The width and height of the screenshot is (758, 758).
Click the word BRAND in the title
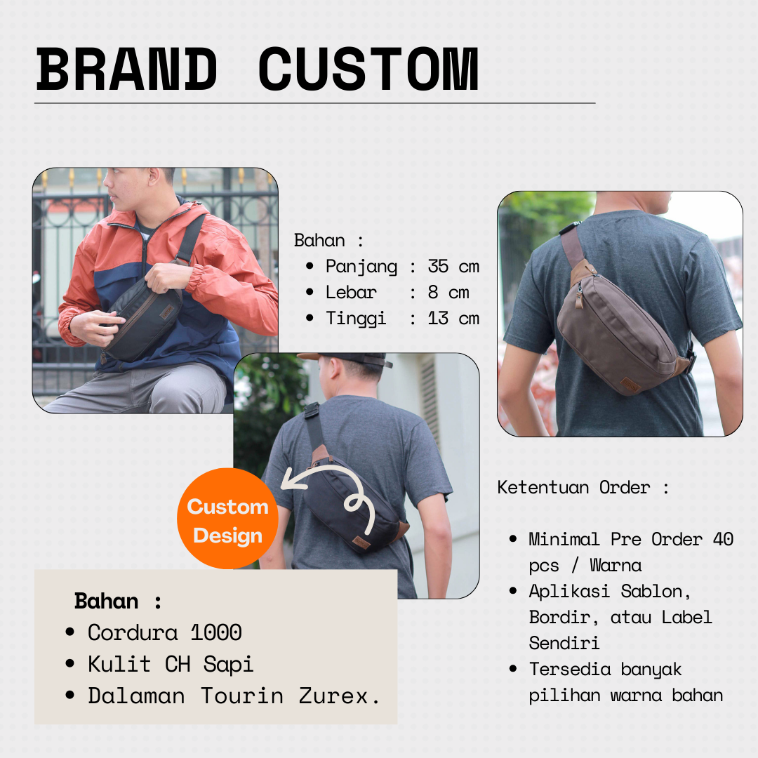(x=126, y=69)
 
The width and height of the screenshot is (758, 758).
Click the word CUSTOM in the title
(x=369, y=69)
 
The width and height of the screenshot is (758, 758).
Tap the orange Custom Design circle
(x=227, y=518)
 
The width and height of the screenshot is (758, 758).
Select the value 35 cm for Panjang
(x=453, y=267)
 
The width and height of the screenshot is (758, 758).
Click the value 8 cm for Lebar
(x=448, y=293)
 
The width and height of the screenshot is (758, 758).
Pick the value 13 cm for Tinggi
(x=453, y=319)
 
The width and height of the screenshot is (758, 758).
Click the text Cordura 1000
(x=165, y=633)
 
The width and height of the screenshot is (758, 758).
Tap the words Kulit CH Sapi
(x=171, y=665)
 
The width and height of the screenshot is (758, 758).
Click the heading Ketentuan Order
(x=574, y=487)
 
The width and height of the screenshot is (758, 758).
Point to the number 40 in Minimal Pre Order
(x=723, y=539)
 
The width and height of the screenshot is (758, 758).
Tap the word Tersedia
(x=570, y=670)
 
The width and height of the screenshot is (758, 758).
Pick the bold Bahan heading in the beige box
(x=107, y=601)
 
